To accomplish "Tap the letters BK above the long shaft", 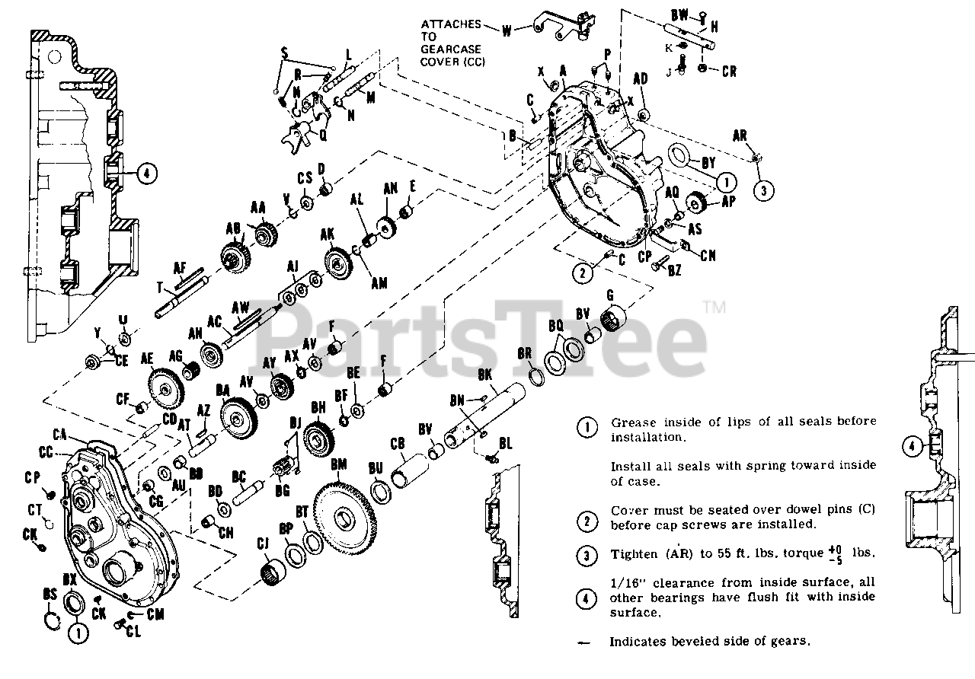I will coord(485,375).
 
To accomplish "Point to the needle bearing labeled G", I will coord(613,317).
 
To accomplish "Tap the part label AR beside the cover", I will coord(740,135).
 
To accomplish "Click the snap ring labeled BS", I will coord(52,618).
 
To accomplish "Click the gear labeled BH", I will coord(318,438).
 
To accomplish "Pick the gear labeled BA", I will coord(238,416).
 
